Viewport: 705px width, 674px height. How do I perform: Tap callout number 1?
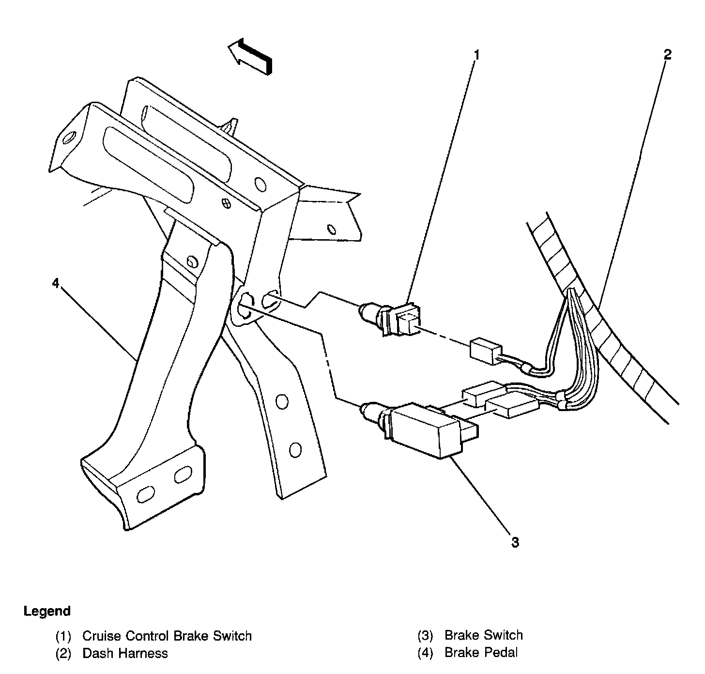(476, 55)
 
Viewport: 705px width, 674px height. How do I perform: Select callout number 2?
(668, 54)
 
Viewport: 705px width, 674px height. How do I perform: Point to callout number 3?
(515, 542)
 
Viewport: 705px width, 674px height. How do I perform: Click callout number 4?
(56, 283)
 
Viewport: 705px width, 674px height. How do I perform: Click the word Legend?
(47, 611)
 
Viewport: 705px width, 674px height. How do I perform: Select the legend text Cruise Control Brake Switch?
(167, 636)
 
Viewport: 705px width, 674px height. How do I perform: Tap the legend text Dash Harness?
(125, 653)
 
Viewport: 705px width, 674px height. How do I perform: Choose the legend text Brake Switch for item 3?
(483, 635)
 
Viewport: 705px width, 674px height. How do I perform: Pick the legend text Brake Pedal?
(481, 653)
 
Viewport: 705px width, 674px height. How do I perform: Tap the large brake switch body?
(424, 429)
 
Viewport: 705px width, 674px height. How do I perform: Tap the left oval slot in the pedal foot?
(145, 495)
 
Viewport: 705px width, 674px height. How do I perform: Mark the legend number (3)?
(425, 636)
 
